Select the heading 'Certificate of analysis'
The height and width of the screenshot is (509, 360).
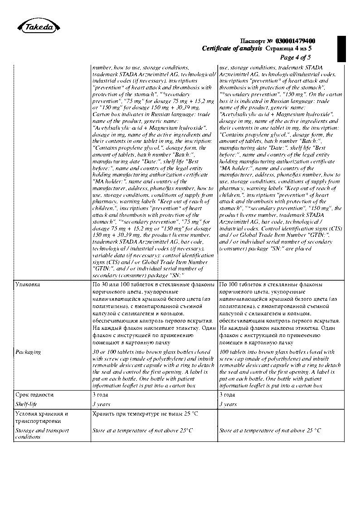click(x=232, y=49)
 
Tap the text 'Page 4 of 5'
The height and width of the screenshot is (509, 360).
click(x=295, y=57)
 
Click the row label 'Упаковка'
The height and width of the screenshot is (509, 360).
click(x=28, y=284)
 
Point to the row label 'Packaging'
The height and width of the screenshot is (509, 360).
click(x=28, y=352)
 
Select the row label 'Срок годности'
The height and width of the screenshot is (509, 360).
click(x=34, y=395)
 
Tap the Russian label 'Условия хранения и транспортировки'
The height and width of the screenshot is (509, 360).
click(x=41, y=417)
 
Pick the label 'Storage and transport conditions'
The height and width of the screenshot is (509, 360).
click(x=42, y=433)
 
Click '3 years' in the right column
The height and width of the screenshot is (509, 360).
click(x=228, y=404)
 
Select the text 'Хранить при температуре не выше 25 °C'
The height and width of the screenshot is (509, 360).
click(x=145, y=414)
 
